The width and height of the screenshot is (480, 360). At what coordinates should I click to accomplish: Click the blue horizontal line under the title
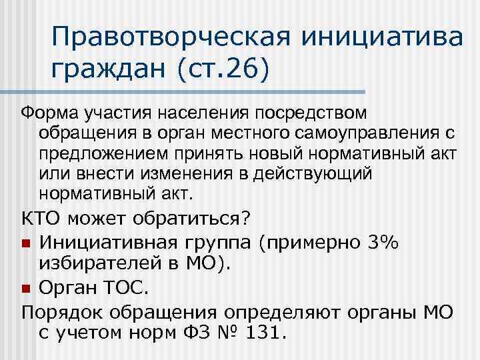click(x=199, y=91)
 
